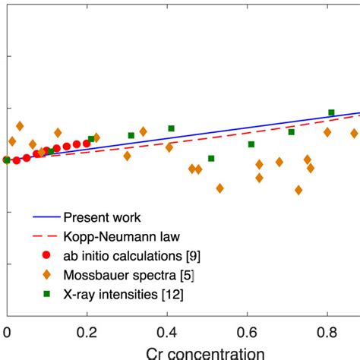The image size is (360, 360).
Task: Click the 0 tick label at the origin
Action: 7,332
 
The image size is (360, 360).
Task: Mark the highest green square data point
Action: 331,112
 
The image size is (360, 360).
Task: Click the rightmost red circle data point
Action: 87,143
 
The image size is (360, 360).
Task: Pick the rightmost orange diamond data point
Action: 354,133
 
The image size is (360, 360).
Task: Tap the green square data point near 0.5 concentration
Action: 211,158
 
